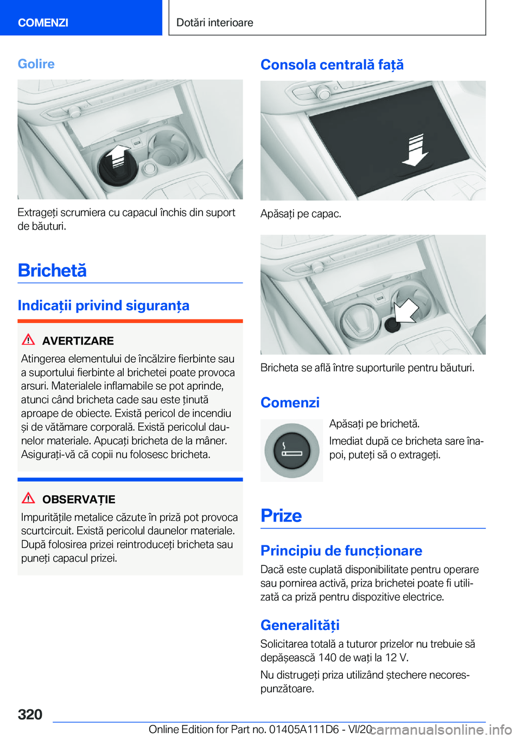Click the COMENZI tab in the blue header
point(43,22)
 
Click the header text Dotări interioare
point(214,22)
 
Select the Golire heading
point(36,63)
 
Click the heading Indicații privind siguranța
point(104,305)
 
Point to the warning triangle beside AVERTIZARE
point(28,339)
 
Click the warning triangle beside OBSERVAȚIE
point(28,498)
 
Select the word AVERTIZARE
point(78,341)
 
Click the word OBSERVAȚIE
point(79,499)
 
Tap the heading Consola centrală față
point(332,65)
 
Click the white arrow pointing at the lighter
point(406,311)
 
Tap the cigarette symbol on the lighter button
point(292,450)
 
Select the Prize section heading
point(281,515)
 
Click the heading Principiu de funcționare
point(341,551)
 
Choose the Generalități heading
point(300,625)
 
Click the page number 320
point(30,714)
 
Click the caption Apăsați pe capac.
point(301,214)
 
